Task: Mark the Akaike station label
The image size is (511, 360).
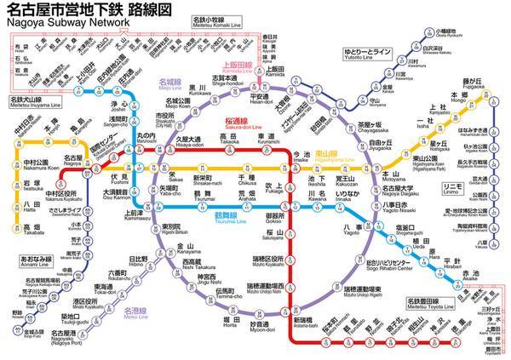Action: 471,271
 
